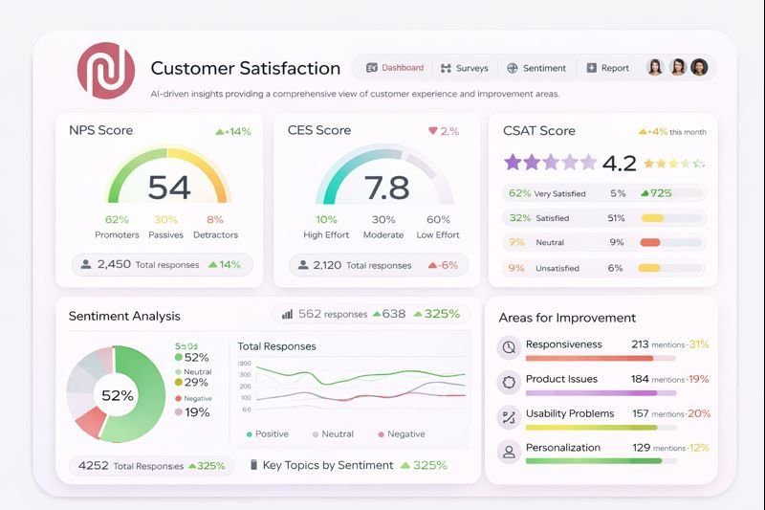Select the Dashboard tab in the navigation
(395, 68)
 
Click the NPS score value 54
(169, 188)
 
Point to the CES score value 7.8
(387, 188)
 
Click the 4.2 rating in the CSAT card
(620, 163)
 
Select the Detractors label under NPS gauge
(215, 234)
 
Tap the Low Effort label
(439, 234)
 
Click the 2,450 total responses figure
(114, 264)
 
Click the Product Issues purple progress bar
(591, 392)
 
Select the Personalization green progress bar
(594, 460)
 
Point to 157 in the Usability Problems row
(640, 413)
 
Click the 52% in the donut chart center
(118, 395)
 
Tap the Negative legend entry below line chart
(402, 434)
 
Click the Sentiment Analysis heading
(124, 316)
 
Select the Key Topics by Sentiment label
(327, 465)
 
